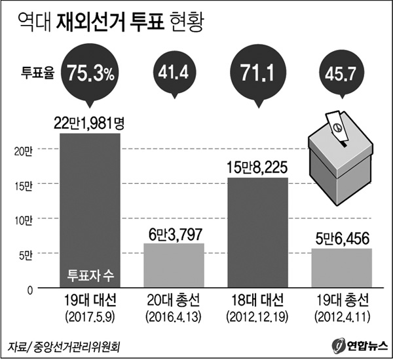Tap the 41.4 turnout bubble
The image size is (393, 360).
pyautogui.click(x=174, y=71)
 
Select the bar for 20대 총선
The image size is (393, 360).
pyautogui.click(x=174, y=265)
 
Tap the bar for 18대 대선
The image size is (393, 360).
pyautogui.click(x=258, y=233)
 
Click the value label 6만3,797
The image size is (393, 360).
pyautogui.click(x=174, y=233)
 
